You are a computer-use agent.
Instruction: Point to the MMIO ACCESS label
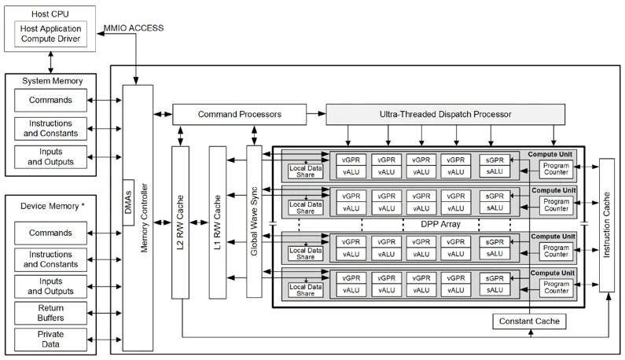134,29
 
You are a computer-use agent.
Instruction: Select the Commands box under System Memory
50,100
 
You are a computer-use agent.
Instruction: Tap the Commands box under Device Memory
50,233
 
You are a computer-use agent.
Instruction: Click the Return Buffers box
50,313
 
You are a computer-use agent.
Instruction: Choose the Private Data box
50,340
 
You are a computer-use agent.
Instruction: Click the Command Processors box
239,115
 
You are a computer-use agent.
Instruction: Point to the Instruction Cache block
608,225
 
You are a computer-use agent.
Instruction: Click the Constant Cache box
528,321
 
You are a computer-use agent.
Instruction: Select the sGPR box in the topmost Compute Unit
493,160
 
